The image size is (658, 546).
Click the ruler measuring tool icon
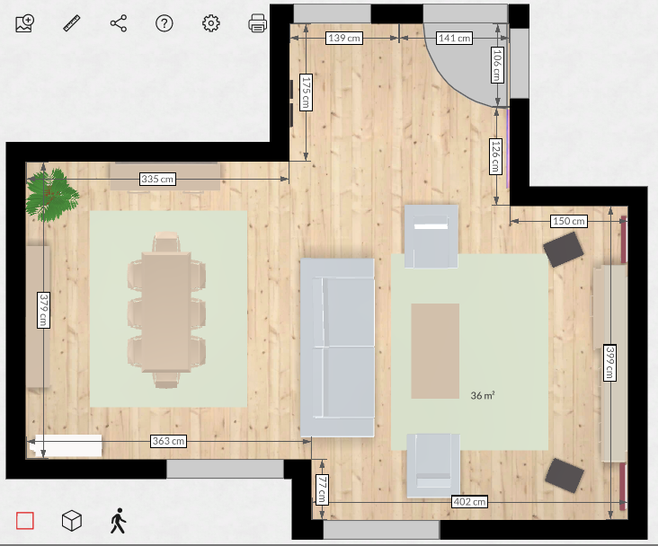click(72, 23)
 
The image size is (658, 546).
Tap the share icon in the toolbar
click(119, 23)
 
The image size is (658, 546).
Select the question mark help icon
click(164, 23)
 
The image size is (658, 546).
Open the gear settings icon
click(210, 23)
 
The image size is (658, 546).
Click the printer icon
click(257, 23)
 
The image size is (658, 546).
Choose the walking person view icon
click(119, 521)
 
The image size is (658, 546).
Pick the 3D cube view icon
click(72, 521)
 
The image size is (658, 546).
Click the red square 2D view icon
click(25, 521)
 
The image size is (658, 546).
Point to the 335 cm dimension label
click(157, 179)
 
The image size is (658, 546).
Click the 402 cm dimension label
click(469, 502)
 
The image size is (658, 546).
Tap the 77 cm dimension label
click(322, 489)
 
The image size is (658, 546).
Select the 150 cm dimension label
click(569, 221)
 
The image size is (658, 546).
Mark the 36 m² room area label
click(483, 395)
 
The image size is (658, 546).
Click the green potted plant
click(52, 195)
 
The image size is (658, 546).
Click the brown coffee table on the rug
click(435, 351)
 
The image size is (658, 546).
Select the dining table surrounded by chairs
click(166, 312)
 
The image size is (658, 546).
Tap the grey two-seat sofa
click(337, 348)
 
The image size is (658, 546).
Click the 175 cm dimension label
click(306, 92)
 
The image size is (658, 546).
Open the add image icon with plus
click(25, 23)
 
